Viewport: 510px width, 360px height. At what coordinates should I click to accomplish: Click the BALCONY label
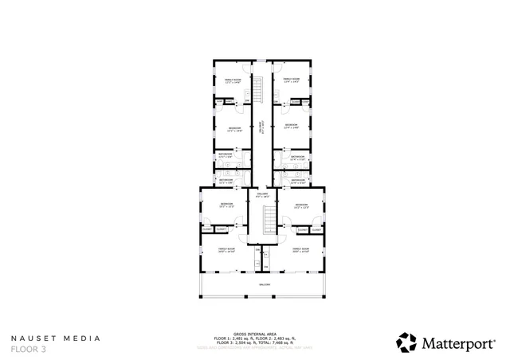click(x=264, y=284)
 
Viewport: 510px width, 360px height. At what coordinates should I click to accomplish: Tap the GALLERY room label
click(x=262, y=194)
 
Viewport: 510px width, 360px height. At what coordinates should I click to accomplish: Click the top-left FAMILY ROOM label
click(x=232, y=80)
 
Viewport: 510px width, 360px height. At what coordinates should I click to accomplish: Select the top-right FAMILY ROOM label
click(x=291, y=80)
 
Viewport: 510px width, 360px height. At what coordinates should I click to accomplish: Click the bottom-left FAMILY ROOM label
click(x=227, y=250)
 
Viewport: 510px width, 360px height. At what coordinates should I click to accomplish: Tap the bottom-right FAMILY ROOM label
click(x=300, y=250)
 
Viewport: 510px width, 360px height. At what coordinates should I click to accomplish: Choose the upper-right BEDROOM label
click(x=291, y=125)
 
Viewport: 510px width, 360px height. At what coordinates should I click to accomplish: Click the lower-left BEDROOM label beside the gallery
click(x=226, y=205)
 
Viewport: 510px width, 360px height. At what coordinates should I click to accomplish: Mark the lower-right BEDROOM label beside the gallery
click(x=300, y=205)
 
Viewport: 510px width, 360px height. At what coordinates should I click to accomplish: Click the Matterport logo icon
click(x=407, y=342)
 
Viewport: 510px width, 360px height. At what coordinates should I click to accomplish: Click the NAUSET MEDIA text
click(x=56, y=338)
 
